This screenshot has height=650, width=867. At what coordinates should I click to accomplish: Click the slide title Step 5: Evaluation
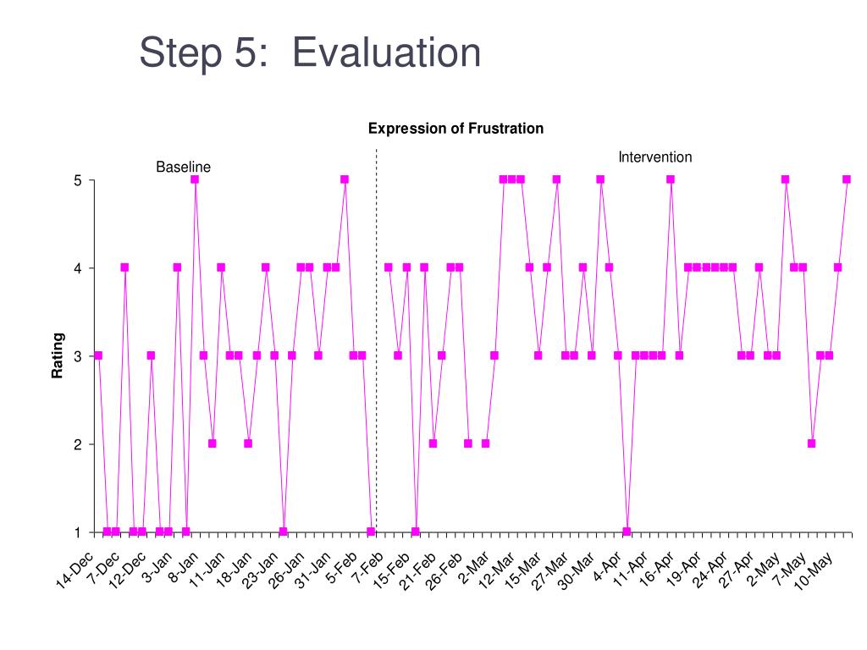[310, 53]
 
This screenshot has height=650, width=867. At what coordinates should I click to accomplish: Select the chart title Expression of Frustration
[456, 129]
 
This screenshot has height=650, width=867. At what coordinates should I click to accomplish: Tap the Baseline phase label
[183, 168]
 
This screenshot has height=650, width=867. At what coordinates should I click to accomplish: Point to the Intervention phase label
[654, 157]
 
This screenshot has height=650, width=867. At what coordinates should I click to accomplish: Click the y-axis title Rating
[58, 355]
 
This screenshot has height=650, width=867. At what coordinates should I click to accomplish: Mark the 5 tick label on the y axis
[77, 180]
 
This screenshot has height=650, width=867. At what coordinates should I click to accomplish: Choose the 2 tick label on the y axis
[77, 444]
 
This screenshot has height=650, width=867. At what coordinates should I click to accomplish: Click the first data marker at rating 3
[98, 355]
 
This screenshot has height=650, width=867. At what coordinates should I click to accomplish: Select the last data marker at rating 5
[847, 179]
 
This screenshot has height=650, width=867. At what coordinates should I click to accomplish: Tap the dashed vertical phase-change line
[377, 339]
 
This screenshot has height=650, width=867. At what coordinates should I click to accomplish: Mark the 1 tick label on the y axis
[77, 532]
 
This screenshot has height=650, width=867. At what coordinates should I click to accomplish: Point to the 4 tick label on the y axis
[77, 268]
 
